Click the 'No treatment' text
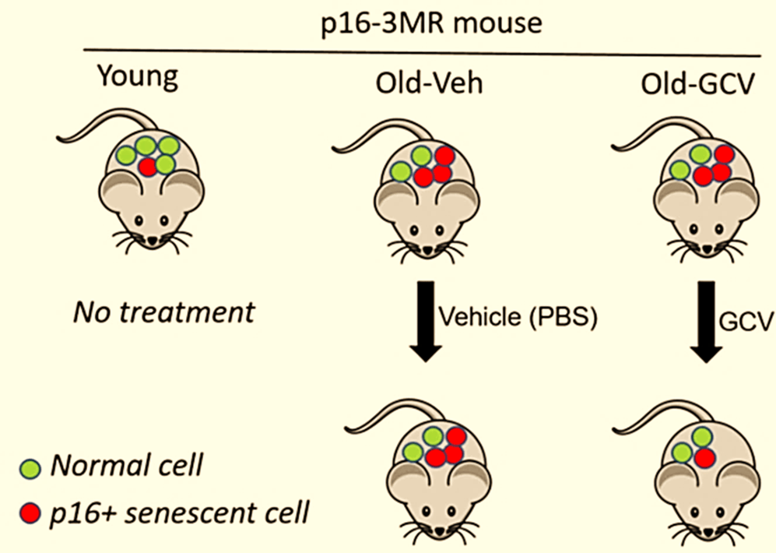click(x=163, y=313)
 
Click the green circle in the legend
click(x=30, y=468)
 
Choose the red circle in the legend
click(x=30, y=514)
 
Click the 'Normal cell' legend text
click(x=126, y=467)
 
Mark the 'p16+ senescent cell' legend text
click(x=180, y=513)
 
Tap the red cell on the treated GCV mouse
click(x=704, y=457)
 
